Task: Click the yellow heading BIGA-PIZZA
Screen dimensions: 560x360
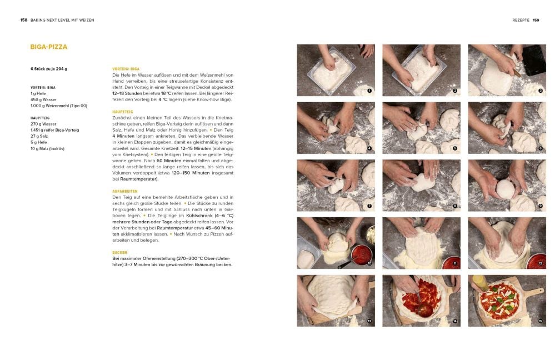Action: click(48, 47)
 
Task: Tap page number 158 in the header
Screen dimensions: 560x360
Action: click(24, 20)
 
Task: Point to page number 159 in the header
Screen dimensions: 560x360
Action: click(536, 20)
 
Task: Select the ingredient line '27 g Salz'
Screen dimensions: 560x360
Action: click(39, 136)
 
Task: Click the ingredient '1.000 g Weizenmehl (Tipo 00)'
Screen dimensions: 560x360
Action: click(59, 106)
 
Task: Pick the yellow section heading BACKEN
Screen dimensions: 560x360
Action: click(119, 252)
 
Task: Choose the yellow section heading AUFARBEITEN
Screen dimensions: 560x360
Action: click(125, 192)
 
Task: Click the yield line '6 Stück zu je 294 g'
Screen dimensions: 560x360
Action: click(49, 69)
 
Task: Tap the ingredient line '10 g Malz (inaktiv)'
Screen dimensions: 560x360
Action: click(48, 148)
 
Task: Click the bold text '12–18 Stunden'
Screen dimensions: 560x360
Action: click(127, 93)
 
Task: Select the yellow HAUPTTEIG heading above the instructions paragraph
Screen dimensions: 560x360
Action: click(122, 112)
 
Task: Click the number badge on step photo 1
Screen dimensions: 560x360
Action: click(369, 91)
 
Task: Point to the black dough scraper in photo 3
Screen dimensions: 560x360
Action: click(534, 59)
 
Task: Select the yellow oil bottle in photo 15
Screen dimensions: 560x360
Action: click(481, 283)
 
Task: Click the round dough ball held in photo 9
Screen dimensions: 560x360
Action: click(506, 189)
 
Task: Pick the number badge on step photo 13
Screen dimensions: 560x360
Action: click(369, 322)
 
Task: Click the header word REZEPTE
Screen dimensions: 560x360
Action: click(521, 20)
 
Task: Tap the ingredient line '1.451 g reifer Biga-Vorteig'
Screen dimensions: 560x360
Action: click(54, 130)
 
